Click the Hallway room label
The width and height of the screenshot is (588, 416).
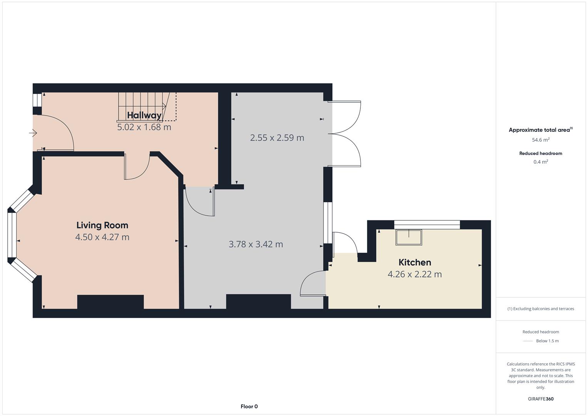click(x=144, y=115)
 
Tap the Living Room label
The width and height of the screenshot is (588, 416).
click(x=102, y=225)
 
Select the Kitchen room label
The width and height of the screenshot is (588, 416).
click(x=415, y=262)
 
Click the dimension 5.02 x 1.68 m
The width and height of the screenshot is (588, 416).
click(x=144, y=127)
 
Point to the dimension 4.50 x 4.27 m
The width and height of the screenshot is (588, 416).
click(x=102, y=237)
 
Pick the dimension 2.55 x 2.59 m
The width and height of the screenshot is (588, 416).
click(x=277, y=138)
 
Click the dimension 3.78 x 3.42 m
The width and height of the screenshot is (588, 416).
click(x=256, y=245)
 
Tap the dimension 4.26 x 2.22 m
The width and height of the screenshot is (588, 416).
click(x=415, y=274)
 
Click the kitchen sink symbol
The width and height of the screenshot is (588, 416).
click(x=409, y=237)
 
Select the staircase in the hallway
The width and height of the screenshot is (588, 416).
click(x=147, y=107)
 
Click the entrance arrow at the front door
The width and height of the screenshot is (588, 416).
click(x=33, y=133)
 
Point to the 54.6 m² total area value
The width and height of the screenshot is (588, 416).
click(x=541, y=140)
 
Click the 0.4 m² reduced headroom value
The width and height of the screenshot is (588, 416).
click(x=541, y=162)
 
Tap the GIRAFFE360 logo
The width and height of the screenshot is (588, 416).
click(x=541, y=399)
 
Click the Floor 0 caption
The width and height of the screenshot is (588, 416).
click(x=249, y=406)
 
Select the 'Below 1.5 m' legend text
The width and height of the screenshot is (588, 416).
click(x=547, y=341)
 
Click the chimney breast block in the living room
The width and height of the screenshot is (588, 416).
click(x=111, y=302)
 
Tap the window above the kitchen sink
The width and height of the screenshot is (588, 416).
click(x=427, y=225)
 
